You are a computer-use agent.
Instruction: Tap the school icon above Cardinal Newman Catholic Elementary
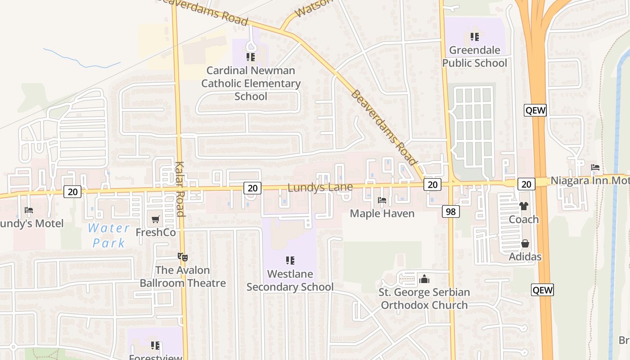pyautogui.click(x=251, y=57)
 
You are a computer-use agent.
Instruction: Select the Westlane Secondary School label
pyautogui.click(x=290, y=280)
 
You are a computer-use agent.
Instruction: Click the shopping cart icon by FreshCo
pyautogui.click(x=156, y=219)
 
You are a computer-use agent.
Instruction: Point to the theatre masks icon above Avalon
pyautogui.click(x=182, y=257)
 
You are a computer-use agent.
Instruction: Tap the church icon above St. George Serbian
pyautogui.click(x=424, y=279)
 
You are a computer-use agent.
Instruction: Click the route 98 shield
pyautogui.click(x=450, y=211)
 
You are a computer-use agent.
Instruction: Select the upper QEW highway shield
pyautogui.click(x=535, y=110)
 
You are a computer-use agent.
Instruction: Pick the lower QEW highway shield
pyautogui.click(x=542, y=290)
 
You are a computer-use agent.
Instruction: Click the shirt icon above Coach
pyautogui.click(x=523, y=206)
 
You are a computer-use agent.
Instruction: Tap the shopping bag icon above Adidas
pyautogui.click(x=525, y=243)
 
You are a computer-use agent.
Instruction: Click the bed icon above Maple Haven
pyautogui.click(x=382, y=200)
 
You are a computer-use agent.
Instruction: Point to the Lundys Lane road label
pyautogui.click(x=319, y=187)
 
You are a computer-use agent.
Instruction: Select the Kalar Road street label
pyautogui.click(x=180, y=189)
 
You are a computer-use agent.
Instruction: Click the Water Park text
pyautogui.click(x=108, y=235)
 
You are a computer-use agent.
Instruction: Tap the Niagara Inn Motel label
pyautogui.click(x=589, y=180)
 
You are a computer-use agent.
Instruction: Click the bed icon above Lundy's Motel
pyautogui.click(x=29, y=210)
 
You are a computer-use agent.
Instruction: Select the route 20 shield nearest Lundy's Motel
pyautogui.click(x=72, y=192)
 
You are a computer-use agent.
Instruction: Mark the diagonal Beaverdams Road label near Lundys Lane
pyautogui.click(x=384, y=127)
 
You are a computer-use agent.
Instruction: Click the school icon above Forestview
pyautogui.click(x=155, y=346)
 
